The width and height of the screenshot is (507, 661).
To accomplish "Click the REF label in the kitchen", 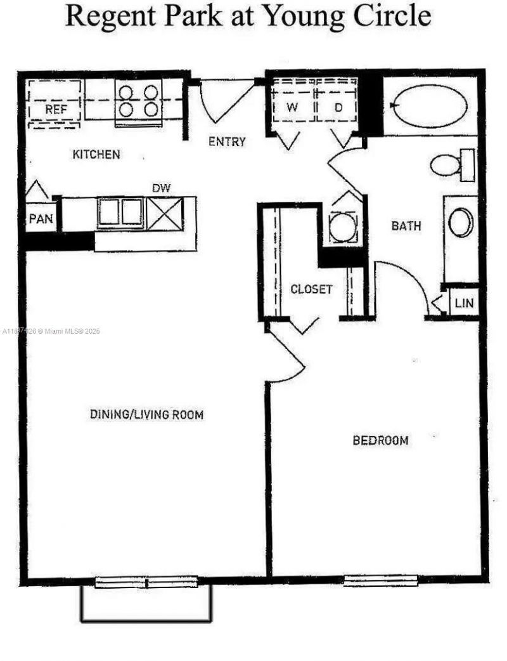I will pos(56,109).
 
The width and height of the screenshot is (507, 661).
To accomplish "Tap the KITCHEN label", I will pos(96,154).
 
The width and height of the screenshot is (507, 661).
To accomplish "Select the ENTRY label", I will pos(227,141).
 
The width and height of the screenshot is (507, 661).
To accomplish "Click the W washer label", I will pos(292,107).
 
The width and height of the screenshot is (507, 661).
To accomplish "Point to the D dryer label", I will pos(338,107).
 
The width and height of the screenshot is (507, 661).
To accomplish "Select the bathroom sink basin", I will pos(460,223).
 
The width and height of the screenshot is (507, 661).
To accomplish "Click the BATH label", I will pos(406,225).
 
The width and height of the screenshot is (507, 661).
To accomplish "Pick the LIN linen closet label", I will pos(464,303).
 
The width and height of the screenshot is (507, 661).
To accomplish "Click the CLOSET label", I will pos(311,289).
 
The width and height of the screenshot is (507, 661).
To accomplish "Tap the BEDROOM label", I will pos(380,440).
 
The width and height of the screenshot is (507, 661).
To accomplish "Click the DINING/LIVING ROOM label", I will pos(146,415).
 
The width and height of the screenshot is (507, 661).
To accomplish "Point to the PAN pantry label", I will pos(40,219).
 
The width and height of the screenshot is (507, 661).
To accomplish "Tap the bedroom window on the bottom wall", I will pos(380,580).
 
